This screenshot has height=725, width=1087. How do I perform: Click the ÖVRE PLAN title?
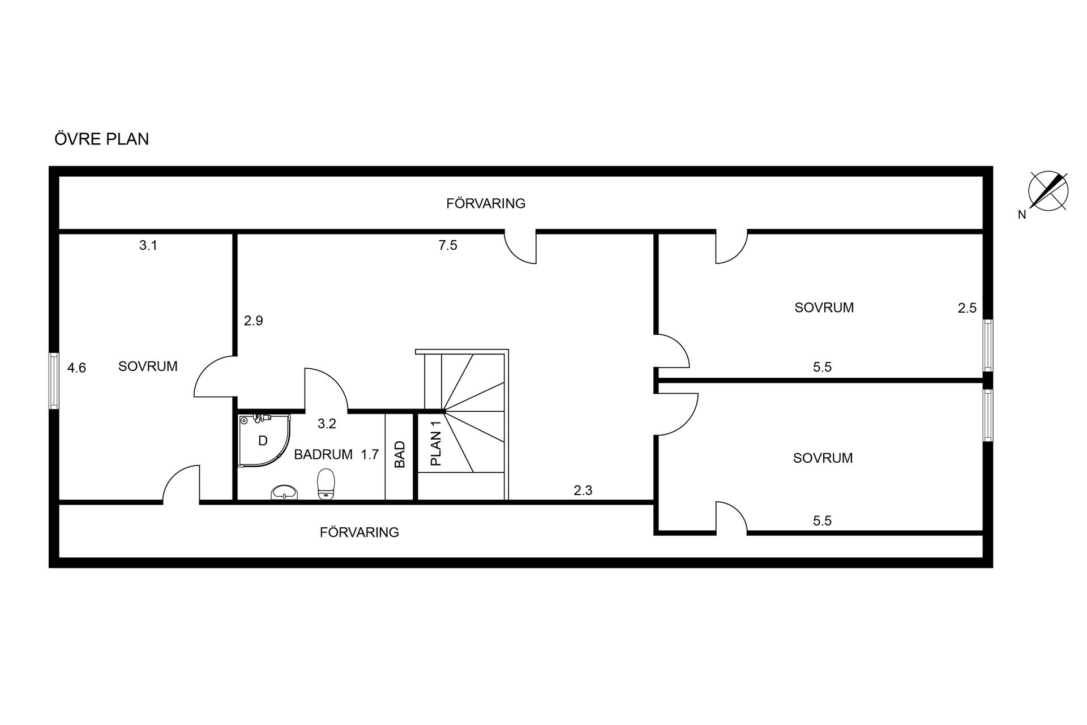point(102,139)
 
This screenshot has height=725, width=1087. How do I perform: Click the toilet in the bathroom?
point(326,484)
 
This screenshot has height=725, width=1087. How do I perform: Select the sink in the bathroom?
point(284,493)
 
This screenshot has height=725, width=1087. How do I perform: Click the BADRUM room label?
point(323,454)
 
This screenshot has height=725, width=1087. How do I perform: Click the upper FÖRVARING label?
point(486,203)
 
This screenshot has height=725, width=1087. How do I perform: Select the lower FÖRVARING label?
point(360,532)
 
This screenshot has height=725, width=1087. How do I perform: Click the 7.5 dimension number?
point(448,245)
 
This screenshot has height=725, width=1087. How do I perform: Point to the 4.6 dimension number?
point(76,368)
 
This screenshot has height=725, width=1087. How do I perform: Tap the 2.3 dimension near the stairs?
point(583,491)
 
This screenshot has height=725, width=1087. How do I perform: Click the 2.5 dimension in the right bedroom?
point(968,308)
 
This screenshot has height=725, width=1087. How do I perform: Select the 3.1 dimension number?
point(148,245)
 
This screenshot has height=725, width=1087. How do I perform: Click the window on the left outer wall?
point(54,381)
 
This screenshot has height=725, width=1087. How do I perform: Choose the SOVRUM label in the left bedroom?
point(148,366)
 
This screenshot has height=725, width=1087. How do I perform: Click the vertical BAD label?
point(400,455)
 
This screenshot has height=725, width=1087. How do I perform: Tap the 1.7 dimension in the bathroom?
point(370,454)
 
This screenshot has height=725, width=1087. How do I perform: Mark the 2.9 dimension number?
point(254,321)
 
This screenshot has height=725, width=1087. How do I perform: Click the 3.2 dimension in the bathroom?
point(327,424)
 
